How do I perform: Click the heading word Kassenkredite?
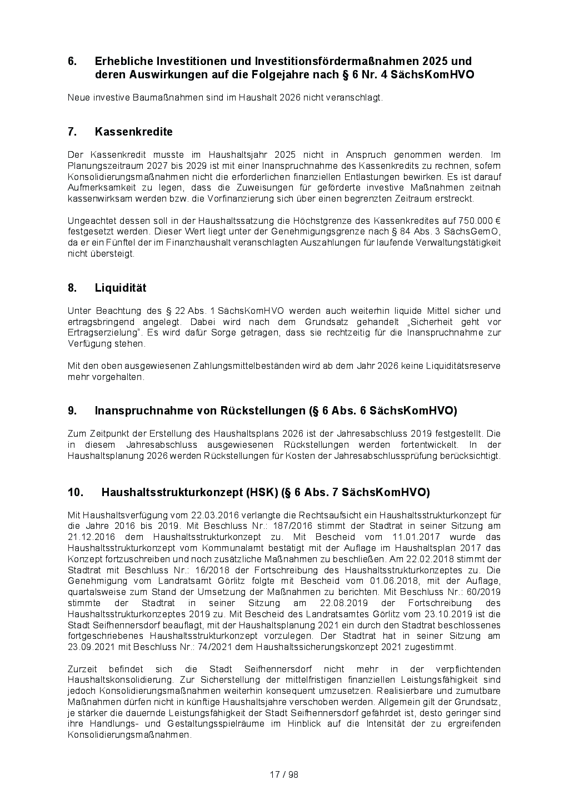point(133,132)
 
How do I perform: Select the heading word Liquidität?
point(121,288)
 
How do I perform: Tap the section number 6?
point(72,61)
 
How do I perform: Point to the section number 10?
point(76,492)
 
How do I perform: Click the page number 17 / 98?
point(284,774)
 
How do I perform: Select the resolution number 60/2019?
point(480,592)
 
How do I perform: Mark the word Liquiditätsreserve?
point(463,366)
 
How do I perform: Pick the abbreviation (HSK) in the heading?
point(262,492)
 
